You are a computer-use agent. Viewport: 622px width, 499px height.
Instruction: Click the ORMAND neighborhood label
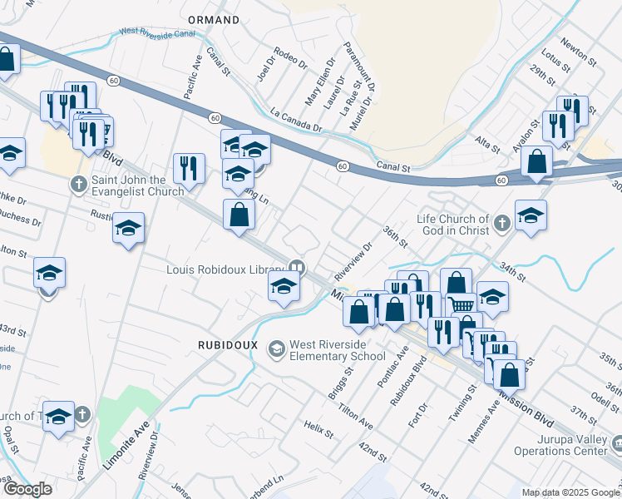[214, 19]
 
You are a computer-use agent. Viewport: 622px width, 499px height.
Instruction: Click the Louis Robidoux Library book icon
[294, 268]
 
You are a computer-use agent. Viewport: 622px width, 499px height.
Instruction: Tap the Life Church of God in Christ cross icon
[501, 223]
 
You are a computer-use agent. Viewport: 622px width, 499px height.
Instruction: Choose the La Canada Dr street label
[296, 118]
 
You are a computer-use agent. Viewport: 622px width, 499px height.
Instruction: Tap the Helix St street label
[318, 428]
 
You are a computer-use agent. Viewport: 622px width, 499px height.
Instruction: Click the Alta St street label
[487, 144]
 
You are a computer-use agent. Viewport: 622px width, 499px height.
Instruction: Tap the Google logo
[27, 489]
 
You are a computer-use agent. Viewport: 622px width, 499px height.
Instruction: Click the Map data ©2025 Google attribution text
[570, 492]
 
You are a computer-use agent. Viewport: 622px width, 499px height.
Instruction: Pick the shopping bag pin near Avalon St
[537, 162]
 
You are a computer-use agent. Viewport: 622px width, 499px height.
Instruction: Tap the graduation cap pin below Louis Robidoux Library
[284, 288]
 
